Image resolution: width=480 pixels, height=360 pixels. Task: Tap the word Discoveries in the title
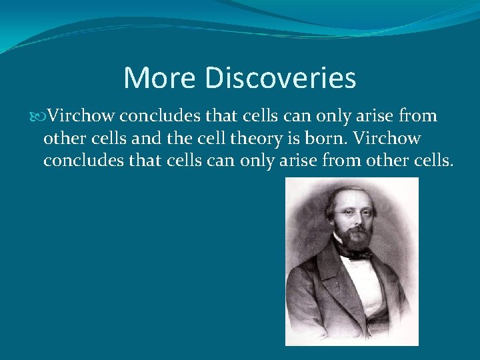pos(281,78)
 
